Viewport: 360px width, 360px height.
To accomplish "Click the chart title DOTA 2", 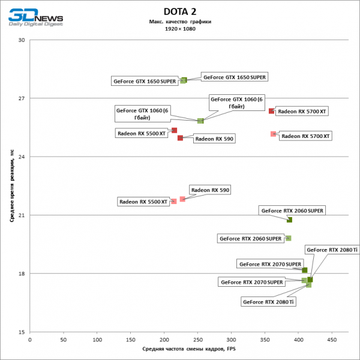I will tap(180, 11).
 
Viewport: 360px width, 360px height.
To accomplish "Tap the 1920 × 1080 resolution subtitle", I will tap(180, 28).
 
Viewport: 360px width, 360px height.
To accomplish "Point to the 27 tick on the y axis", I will tap(22, 98).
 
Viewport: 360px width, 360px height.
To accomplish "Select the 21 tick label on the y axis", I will tap(22, 215).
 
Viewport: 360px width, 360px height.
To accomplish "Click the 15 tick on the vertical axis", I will tap(22, 332).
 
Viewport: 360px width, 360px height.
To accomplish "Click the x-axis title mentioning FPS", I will tap(180, 349).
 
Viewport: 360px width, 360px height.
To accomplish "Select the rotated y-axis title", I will tap(11, 186).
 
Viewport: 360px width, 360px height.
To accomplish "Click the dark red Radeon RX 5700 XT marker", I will tap(271, 111).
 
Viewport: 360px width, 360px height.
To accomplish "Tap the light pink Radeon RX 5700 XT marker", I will tap(274, 134).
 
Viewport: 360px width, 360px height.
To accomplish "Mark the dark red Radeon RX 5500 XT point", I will tap(174, 130).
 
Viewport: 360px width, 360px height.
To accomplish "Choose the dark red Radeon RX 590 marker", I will tap(180, 138).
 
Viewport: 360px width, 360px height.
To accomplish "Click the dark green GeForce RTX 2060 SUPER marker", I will tap(290, 220).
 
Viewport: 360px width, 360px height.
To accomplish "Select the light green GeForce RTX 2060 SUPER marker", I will tap(289, 238).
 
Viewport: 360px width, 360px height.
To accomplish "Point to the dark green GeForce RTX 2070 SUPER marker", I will tap(305, 271).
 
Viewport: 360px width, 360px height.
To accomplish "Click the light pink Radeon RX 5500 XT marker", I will tap(174, 201).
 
